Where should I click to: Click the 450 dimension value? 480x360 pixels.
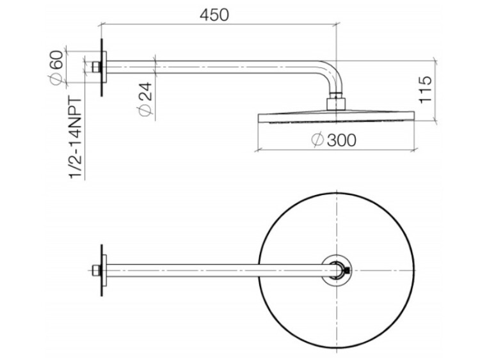(x=214, y=15)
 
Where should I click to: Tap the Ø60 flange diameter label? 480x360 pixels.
(x=57, y=68)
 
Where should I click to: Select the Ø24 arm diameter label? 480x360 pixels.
(x=145, y=99)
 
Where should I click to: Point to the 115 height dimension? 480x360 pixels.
(x=425, y=90)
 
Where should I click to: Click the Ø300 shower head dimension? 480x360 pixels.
(x=333, y=140)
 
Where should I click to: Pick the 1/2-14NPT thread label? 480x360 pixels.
(x=76, y=138)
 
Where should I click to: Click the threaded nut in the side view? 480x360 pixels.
(x=97, y=67)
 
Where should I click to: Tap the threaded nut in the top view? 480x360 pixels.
(x=97, y=270)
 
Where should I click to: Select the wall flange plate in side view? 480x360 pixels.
(x=104, y=67)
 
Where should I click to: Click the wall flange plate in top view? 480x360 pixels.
(x=104, y=270)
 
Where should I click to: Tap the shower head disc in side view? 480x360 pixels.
(x=337, y=118)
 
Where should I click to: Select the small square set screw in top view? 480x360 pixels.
(x=347, y=270)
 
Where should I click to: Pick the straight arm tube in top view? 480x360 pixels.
(x=220, y=270)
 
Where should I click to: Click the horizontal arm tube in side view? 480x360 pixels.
(x=211, y=67)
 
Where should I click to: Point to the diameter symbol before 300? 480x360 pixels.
(x=317, y=140)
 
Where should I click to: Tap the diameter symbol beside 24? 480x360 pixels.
(x=145, y=110)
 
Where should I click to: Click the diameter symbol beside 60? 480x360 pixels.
(x=57, y=79)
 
